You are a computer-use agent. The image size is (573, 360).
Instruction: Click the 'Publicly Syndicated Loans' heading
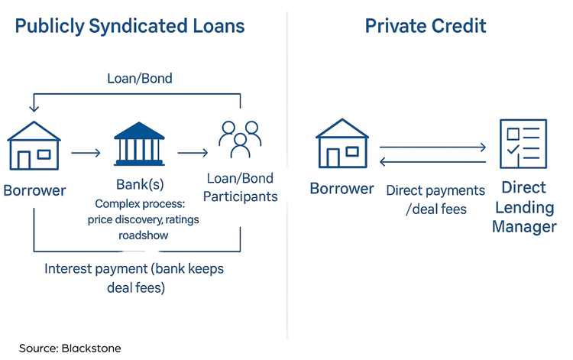coord(130,27)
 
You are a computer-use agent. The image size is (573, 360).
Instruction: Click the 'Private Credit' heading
coord(426,26)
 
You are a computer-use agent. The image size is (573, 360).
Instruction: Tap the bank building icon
coord(139,144)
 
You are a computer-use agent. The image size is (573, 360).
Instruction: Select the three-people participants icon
coord(240,139)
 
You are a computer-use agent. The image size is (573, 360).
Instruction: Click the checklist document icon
coord(523,144)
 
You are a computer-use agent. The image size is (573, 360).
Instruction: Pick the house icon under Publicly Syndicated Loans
coord(34,145)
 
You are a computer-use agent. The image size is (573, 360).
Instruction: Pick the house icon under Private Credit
coord(342,143)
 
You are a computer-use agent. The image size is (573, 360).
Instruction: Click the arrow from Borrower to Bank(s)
coord(86,152)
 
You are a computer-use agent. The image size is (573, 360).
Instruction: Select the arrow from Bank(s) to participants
coord(193,152)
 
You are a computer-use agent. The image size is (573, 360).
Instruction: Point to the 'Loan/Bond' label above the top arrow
coord(140,78)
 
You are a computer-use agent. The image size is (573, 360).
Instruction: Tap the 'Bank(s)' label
coord(140,184)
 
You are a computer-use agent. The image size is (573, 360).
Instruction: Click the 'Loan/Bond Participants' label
coord(240,187)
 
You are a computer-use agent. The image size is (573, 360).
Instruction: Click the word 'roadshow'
coord(144,235)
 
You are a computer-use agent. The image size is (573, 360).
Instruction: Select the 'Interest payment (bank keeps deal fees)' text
coord(134,278)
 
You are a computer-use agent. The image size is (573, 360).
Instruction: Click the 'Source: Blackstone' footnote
coord(70,349)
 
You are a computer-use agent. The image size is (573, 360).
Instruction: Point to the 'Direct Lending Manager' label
coord(524,207)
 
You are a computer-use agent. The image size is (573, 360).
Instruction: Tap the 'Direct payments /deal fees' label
coord(435,199)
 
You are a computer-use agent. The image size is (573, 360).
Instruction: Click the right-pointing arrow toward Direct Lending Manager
coord(432,147)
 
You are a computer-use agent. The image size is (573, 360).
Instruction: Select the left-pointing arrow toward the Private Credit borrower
coord(432,161)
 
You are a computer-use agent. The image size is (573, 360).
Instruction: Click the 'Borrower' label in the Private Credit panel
coord(342,189)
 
